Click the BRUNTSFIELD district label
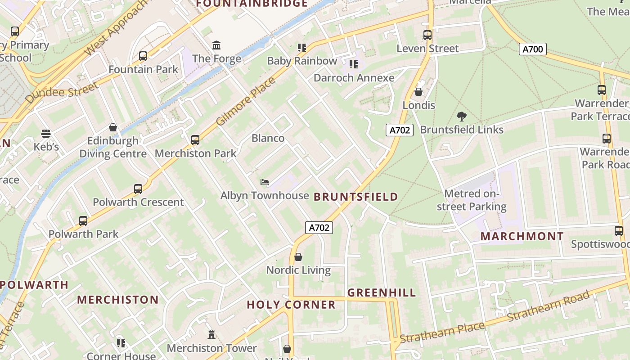point(355,197)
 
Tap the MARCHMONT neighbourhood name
point(522,236)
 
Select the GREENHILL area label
point(382,292)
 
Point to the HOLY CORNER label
point(291,305)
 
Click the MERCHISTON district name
point(118,300)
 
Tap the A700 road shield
point(533,49)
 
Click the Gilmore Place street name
point(246,102)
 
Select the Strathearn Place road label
point(441,333)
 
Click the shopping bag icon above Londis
point(418,92)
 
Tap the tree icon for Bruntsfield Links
point(461,117)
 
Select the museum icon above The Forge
point(216,45)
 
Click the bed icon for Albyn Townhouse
point(265,182)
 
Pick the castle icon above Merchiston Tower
point(211,334)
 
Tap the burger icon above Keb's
point(46,134)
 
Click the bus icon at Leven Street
point(427,35)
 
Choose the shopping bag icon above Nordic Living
point(298,257)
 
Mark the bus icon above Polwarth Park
point(83,221)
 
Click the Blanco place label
point(268,138)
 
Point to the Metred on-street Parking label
point(472,200)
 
